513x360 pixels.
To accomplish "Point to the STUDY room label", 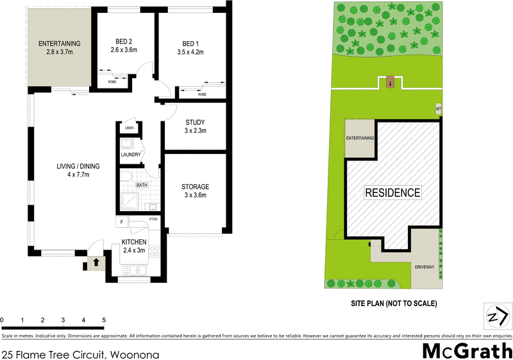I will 195,126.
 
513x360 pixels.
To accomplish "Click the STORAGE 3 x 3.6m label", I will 195,191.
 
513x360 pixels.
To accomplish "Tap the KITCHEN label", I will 135,246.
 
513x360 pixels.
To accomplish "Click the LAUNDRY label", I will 130,155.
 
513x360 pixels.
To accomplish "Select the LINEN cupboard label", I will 129,128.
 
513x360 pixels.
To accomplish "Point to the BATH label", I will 142,186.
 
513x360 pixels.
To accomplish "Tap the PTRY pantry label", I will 153,219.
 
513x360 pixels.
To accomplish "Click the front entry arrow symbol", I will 96,262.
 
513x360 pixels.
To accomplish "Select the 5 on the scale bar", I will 104,319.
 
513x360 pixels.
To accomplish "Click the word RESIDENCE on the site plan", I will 392,192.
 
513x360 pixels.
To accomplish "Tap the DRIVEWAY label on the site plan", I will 425,266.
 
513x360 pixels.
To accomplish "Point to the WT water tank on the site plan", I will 439,108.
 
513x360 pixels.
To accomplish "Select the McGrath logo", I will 466,351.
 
